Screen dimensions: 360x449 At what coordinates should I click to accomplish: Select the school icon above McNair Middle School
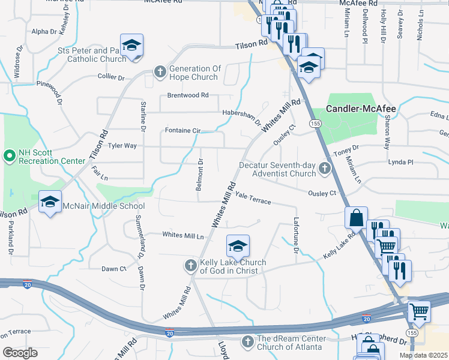point(50,201)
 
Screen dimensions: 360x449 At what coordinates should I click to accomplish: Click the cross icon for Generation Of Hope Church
point(160,73)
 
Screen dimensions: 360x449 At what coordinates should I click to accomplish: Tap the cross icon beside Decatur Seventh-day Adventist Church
point(325,169)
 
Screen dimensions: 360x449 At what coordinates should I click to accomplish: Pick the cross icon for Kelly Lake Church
point(191,265)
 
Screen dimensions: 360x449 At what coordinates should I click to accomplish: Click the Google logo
point(20,352)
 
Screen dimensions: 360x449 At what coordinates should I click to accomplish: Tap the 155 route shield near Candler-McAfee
point(315,123)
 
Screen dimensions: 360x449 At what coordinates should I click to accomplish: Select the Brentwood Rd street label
point(187,95)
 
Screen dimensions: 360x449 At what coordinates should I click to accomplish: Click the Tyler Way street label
point(122,146)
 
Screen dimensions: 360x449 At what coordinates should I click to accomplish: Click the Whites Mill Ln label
point(183,235)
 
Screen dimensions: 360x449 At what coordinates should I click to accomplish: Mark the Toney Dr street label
point(346,148)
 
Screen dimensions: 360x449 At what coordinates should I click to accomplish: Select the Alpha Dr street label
point(44,31)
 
